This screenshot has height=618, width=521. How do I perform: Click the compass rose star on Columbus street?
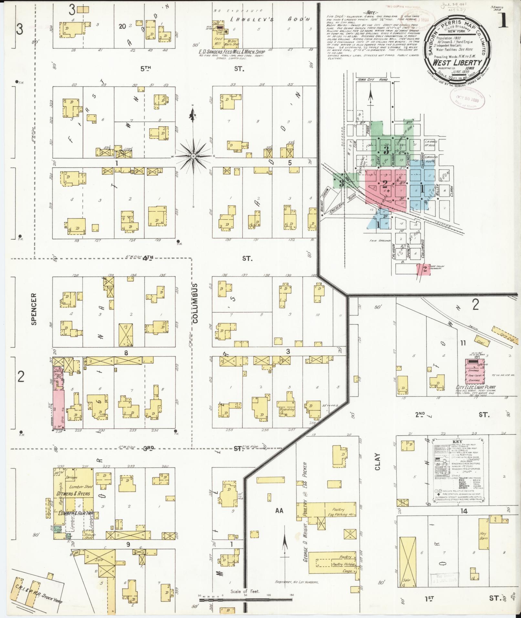pyautogui.click(x=193, y=156)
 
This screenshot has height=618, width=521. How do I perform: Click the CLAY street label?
pyautogui.click(x=378, y=462)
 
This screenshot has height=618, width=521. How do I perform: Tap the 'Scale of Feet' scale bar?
pyautogui.click(x=245, y=600)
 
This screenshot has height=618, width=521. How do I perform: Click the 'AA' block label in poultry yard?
pyautogui.click(x=279, y=511)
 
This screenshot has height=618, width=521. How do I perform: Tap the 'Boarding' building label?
pyautogui.click(x=287, y=409)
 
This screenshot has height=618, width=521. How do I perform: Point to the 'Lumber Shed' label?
pyautogui.click(x=79, y=487)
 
